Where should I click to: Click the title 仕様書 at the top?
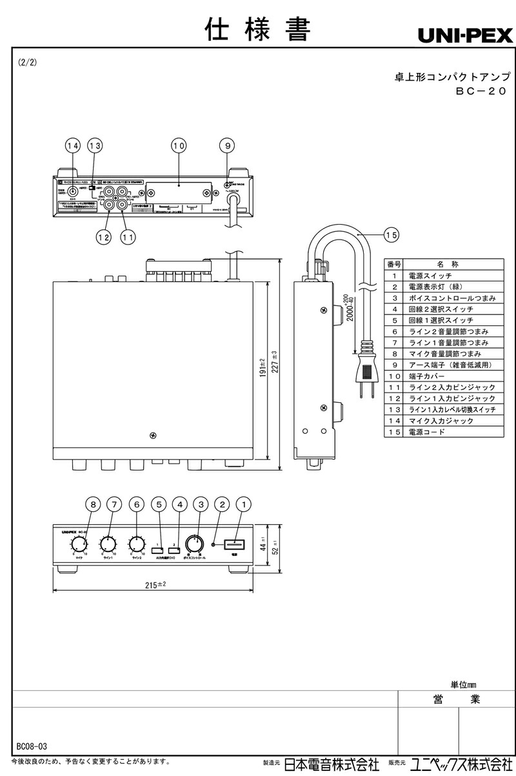pos(258,29)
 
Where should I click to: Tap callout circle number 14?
pos(73,147)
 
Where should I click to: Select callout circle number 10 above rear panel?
pos(179,147)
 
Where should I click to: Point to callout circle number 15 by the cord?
pos(391,236)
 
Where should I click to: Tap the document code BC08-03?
pos(32,746)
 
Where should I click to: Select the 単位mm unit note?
pos(463,684)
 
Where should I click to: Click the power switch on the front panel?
pos(233,544)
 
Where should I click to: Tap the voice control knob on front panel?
pos(193,543)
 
